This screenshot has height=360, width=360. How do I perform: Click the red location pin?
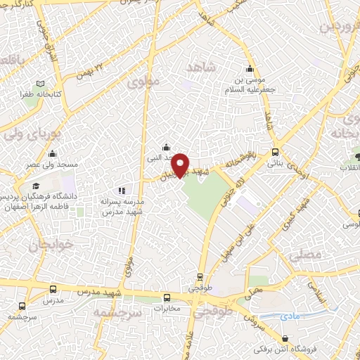(x=180, y=165)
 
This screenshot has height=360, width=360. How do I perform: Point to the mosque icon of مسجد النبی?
(x=165, y=147)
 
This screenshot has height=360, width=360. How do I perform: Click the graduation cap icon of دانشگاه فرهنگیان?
(x=35, y=186)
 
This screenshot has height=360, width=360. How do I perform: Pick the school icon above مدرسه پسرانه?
(x=122, y=190)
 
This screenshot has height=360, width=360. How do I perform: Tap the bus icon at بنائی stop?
(x=274, y=151)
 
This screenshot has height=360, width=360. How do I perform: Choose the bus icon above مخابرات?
(x=166, y=297)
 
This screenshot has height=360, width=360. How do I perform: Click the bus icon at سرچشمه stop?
(x=22, y=306)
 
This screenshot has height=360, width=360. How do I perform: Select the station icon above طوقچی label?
(x=200, y=277)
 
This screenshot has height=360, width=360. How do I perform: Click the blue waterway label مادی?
(x=289, y=317)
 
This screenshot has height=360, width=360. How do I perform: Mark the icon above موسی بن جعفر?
(x=250, y=69)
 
